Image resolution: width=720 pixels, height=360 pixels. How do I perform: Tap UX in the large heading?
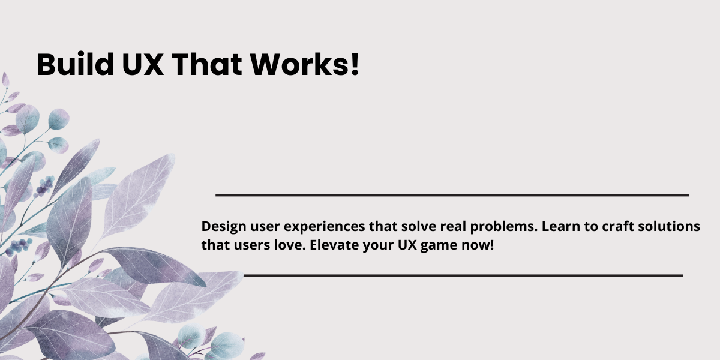(143, 64)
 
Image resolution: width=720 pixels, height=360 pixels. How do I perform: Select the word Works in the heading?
(299, 64)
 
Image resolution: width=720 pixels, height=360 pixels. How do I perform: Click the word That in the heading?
(207, 64)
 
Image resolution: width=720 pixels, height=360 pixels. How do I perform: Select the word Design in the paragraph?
(224, 227)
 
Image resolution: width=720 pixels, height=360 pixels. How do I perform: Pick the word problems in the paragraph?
(503, 227)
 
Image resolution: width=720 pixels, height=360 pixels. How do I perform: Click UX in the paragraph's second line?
(407, 245)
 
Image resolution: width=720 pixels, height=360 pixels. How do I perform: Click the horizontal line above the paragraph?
(452, 195)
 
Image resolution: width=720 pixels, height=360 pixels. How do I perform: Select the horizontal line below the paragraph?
(463, 275)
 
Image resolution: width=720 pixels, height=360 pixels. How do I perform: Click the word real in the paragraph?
(453, 226)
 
